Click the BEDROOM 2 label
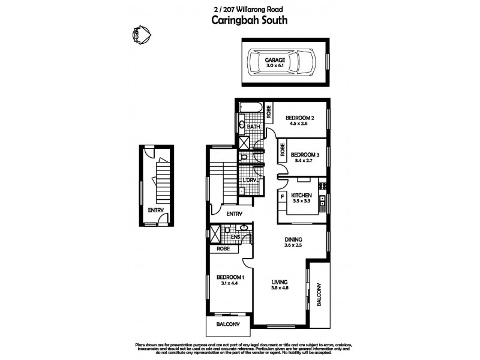(301, 118)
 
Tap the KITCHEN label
(302, 196)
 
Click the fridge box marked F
(282, 196)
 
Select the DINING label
(293, 239)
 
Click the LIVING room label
(280, 281)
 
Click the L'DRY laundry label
(250, 180)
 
